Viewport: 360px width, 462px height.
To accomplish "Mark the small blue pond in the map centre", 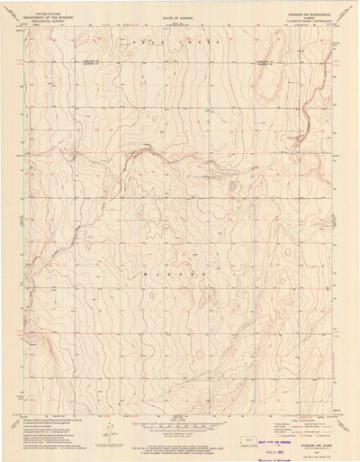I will tap(232, 186).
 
